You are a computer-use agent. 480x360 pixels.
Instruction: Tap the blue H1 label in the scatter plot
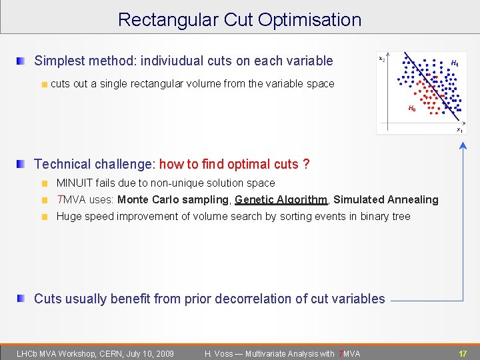[x=455, y=63]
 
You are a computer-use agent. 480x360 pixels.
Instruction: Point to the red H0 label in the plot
[x=411, y=108]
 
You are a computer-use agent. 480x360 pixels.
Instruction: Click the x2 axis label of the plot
[x=381, y=59]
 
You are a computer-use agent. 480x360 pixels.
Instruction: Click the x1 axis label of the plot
[x=459, y=129]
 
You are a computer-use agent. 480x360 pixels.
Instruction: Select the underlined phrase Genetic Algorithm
[x=281, y=199]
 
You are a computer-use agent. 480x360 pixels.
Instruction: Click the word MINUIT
[x=75, y=183]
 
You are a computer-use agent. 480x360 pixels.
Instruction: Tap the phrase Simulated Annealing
[x=386, y=199]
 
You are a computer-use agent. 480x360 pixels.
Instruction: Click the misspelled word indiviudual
[x=171, y=61]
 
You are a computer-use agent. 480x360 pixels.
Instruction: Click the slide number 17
[x=462, y=353]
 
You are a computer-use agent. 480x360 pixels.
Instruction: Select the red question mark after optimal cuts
[x=306, y=164]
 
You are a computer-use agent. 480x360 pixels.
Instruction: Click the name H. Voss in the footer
[x=219, y=353]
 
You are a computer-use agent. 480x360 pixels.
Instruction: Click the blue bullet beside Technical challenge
[x=21, y=164]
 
